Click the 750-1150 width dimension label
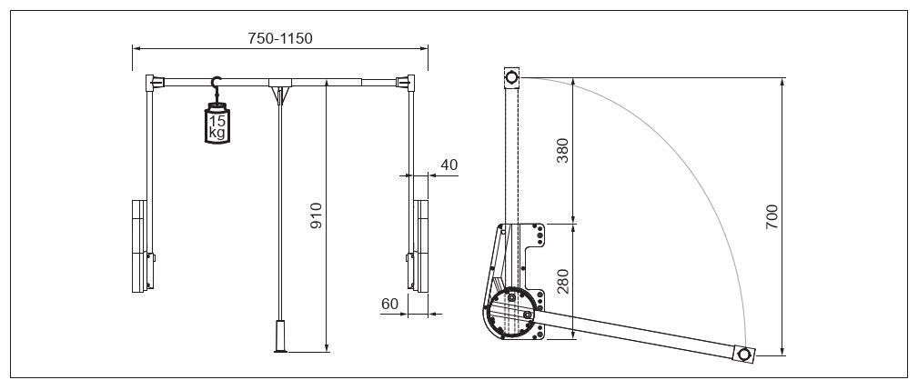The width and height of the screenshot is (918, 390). (x=280, y=38)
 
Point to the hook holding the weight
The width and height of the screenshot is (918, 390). (x=216, y=85)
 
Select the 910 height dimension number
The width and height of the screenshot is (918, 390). (x=316, y=215)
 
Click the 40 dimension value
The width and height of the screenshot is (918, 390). (x=449, y=165)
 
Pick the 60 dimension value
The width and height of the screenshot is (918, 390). (x=390, y=304)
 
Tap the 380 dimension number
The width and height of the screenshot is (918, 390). (x=562, y=150)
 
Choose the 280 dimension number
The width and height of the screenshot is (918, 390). (x=562, y=281)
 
